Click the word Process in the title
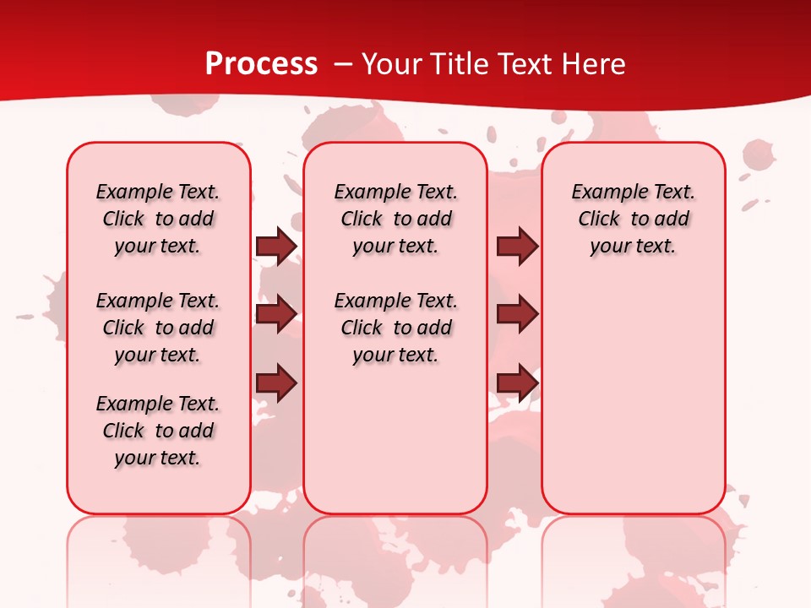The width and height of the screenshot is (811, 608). pos(261,63)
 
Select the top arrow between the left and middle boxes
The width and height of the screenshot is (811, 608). pos(276,246)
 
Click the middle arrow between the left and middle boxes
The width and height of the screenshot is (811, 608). pos(276,314)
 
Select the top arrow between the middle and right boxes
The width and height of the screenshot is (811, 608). pos(517,246)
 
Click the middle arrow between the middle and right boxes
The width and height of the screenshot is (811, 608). pos(517,314)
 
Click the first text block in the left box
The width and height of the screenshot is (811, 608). pos(158,219)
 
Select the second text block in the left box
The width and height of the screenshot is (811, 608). pos(158,328)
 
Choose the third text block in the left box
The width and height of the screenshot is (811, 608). pos(158,431)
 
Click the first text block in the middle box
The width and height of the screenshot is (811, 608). pos(396,219)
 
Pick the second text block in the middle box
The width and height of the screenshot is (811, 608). pos(396,328)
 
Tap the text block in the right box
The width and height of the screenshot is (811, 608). pos(634,219)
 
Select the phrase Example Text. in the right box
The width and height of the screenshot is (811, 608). pos(634,192)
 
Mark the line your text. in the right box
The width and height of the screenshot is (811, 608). pos(634,247)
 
